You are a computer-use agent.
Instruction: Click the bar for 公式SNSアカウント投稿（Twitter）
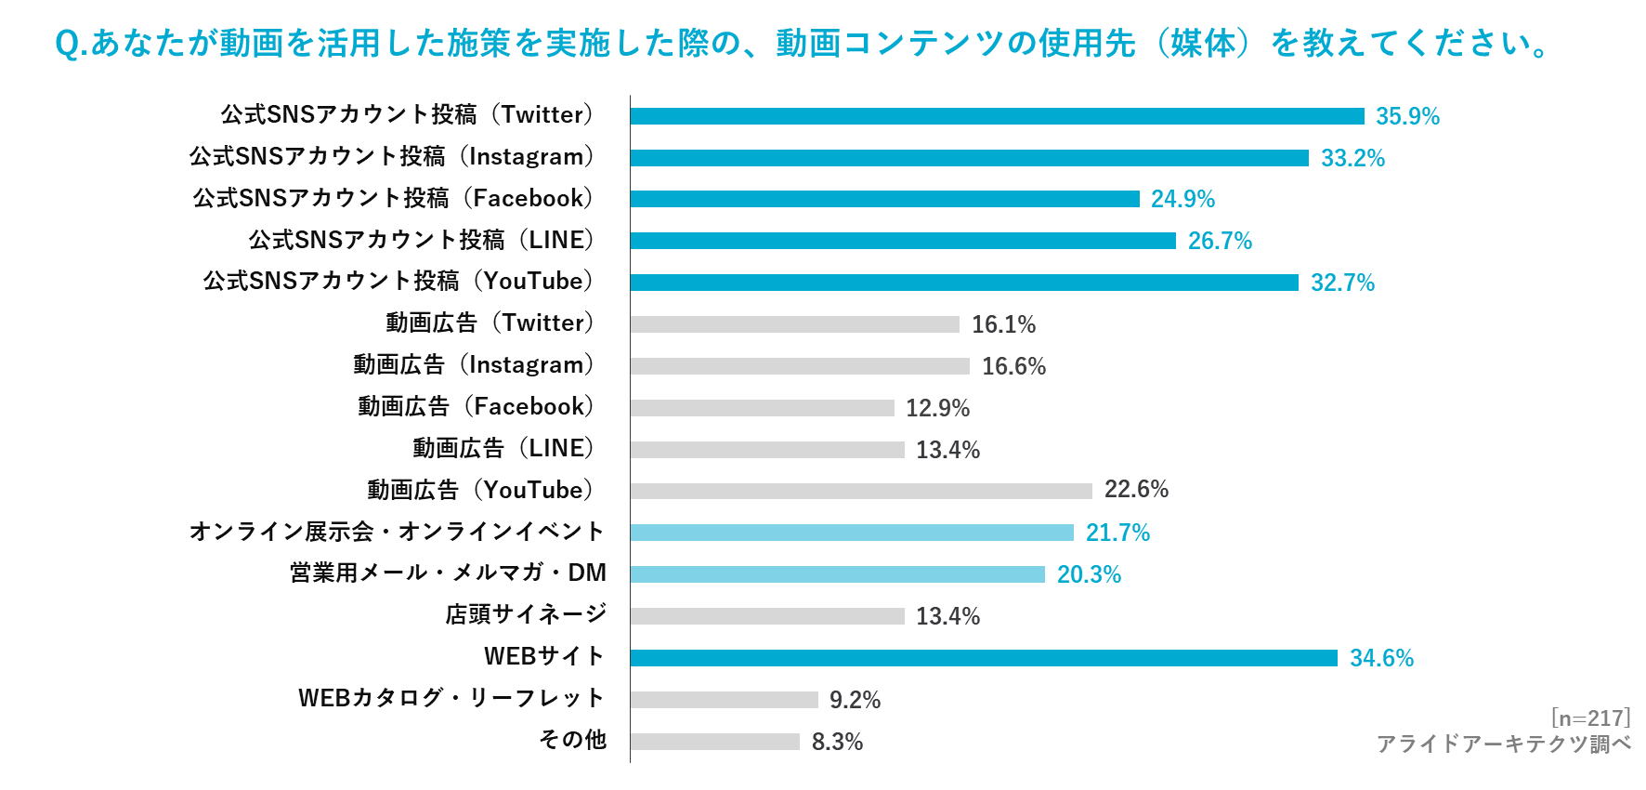click(x=997, y=116)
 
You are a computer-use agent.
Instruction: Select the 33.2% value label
click(x=1353, y=158)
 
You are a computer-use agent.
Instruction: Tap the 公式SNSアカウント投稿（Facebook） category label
click(x=393, y=198)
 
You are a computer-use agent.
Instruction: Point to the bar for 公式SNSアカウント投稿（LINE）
click(x=903, y=241)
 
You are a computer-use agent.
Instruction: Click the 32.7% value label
click(x=1342, y=283)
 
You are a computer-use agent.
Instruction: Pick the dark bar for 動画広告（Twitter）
click(x=794, y=324)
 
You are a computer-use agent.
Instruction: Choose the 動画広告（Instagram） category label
click(x=473, y=365)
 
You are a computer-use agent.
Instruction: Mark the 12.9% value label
click(x=937, y=408)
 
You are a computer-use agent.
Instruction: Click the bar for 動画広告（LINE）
click(x=767, y=450)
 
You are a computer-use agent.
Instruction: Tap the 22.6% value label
click(x=1136, y=489)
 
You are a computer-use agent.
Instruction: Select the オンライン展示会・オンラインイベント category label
click(x=397, y=532)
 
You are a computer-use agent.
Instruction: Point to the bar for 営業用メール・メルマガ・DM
click(x=838, y=575)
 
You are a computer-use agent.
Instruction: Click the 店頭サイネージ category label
click(x=526, y=614)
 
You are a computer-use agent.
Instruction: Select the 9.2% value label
click(x=855, y=699)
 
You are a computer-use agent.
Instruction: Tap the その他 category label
click(x=572, y=740)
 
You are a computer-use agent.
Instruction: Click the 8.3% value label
click(x=837, y=742)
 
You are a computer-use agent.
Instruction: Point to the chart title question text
click(x=803, y=45)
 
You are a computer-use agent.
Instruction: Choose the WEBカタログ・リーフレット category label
click(x=451, y=698)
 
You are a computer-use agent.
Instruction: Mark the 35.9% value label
click(x=1408, y=116)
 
